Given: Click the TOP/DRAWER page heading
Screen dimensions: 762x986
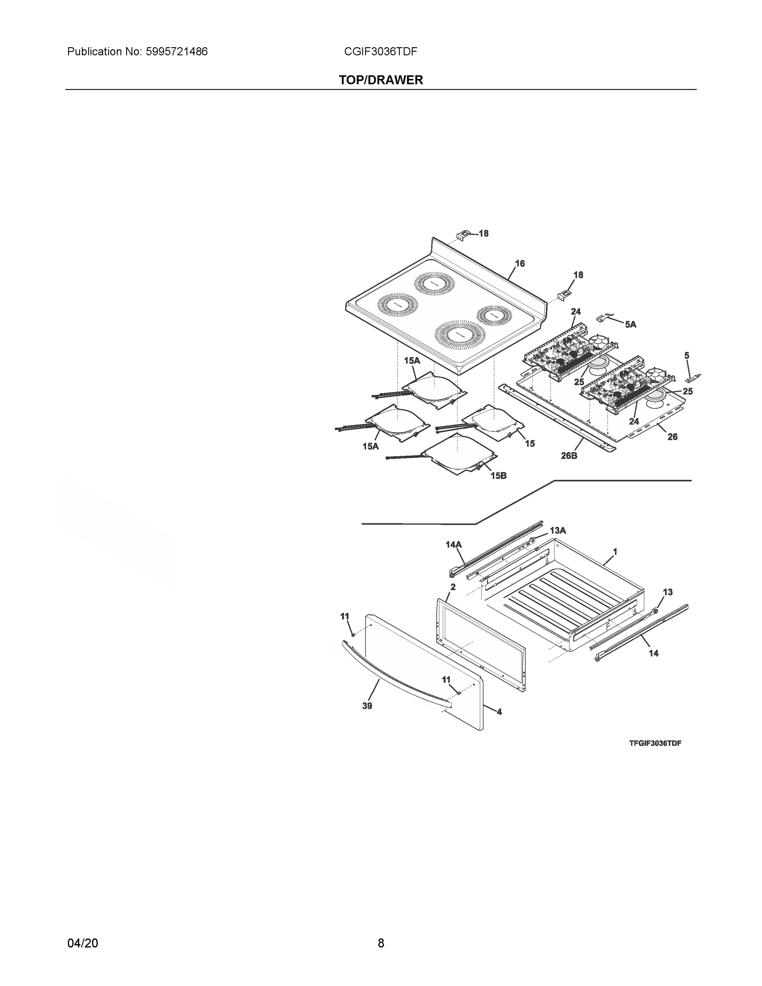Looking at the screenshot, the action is point(380,80).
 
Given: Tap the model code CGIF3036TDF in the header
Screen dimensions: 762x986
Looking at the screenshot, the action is point(380,51).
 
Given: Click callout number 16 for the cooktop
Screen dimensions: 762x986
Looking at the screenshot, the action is point(520,263).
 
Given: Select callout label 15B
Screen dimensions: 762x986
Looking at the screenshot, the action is point(498,475).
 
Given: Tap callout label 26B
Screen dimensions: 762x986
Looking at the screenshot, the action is point(569,456).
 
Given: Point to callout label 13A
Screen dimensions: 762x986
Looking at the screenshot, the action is point(557,530).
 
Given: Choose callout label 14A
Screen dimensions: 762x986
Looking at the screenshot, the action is point(453,544).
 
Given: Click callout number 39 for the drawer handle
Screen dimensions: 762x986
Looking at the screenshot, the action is point(367,706).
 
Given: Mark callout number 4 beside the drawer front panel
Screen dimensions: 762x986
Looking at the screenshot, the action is point(499,712).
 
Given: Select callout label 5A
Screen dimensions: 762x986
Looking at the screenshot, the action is point(630,324).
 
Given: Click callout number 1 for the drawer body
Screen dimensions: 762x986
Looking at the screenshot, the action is point(615,552).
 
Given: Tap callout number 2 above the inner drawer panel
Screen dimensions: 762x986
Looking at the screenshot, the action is point(453,587).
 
